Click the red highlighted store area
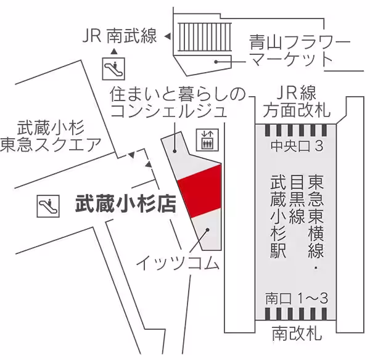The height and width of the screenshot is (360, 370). coord(199,190)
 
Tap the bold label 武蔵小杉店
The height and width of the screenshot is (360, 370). coord(125,204)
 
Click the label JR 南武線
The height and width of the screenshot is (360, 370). coord(120,37)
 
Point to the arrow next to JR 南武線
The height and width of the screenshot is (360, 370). coord(167,37)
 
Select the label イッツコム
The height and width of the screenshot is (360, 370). coord(178,264)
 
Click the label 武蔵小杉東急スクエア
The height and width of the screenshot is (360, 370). coord(59,136)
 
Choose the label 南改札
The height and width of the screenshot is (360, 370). coord(297,334)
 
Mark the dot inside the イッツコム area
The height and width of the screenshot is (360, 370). coord(207,229)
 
